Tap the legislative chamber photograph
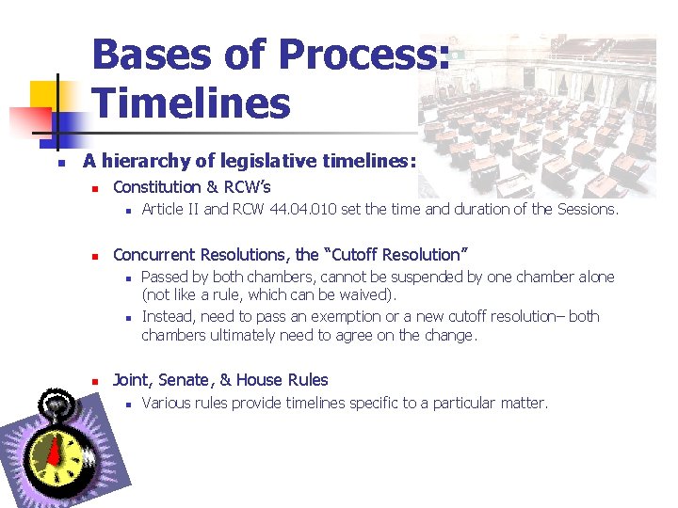[x=537, y=113]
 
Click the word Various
[x=166, y=403]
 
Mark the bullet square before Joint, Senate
[x=94, y=381]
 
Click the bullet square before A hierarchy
[x=59, y=163]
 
